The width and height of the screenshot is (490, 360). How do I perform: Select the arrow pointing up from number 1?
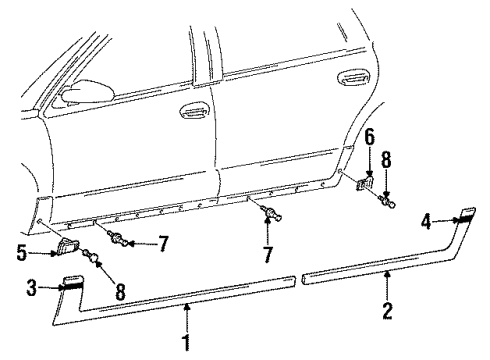tap(186, 322)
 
